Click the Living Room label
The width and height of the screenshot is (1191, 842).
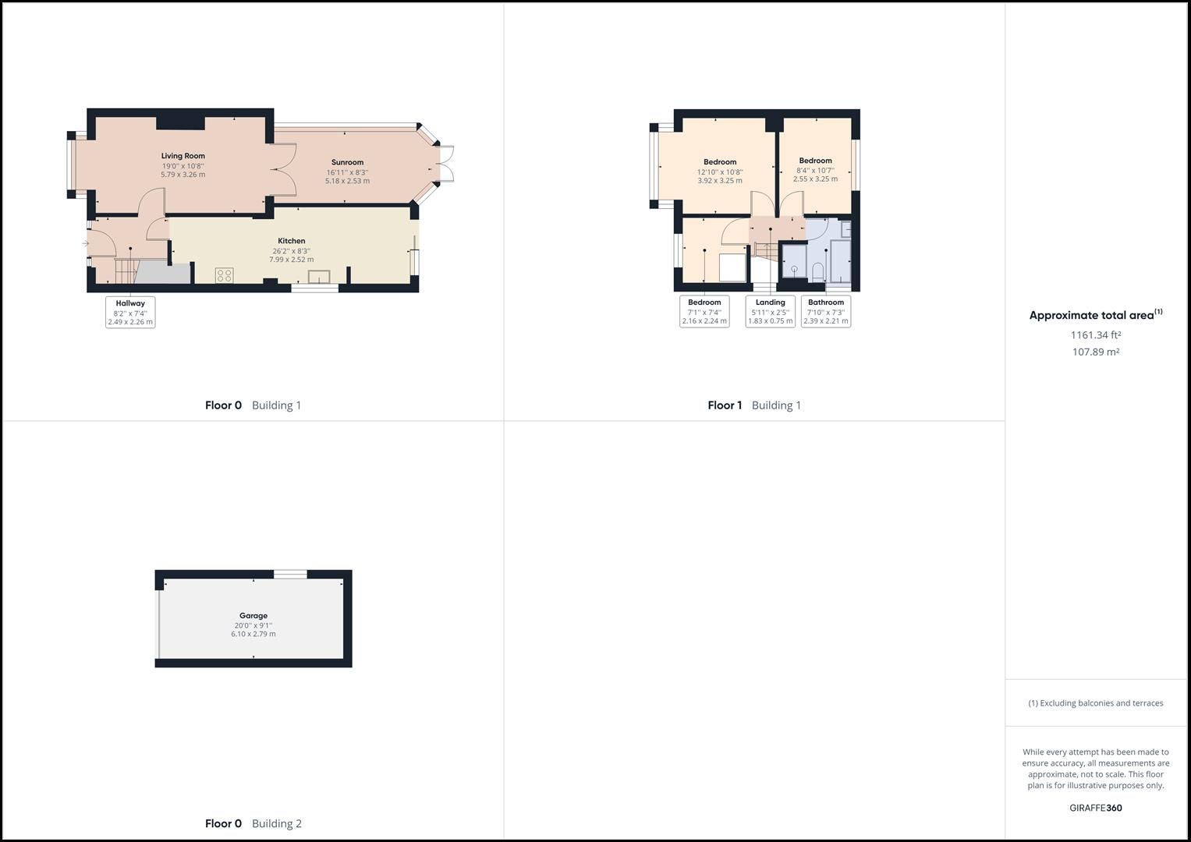[183, 156]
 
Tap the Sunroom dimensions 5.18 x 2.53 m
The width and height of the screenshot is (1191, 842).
[347, 181]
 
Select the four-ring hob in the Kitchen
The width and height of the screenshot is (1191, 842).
[225, 274]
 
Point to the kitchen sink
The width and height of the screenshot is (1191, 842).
[319, 277]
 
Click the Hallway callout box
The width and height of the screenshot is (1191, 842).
[130, 312]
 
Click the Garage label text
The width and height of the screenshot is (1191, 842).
[253, 616]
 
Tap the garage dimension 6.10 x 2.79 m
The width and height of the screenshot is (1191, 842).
[253, 634]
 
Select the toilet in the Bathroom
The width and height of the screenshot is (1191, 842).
[817, 271]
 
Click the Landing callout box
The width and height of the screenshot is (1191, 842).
[770, 312]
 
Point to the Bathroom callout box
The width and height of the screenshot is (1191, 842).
[826, 312]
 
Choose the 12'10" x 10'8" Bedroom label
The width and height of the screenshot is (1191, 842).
[720, 162]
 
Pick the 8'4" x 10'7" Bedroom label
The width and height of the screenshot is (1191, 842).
[815, 161]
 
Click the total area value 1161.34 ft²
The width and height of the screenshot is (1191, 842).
[1096, 335]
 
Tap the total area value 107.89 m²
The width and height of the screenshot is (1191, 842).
[1096, 352]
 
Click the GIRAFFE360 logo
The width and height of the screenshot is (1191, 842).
[1096, 808]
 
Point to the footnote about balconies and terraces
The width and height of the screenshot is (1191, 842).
[1096, 703]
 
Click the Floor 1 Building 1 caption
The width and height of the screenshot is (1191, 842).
[754, 405]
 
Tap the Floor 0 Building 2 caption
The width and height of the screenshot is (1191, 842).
[253, 823]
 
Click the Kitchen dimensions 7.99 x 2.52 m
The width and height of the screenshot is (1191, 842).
[292, 260]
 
